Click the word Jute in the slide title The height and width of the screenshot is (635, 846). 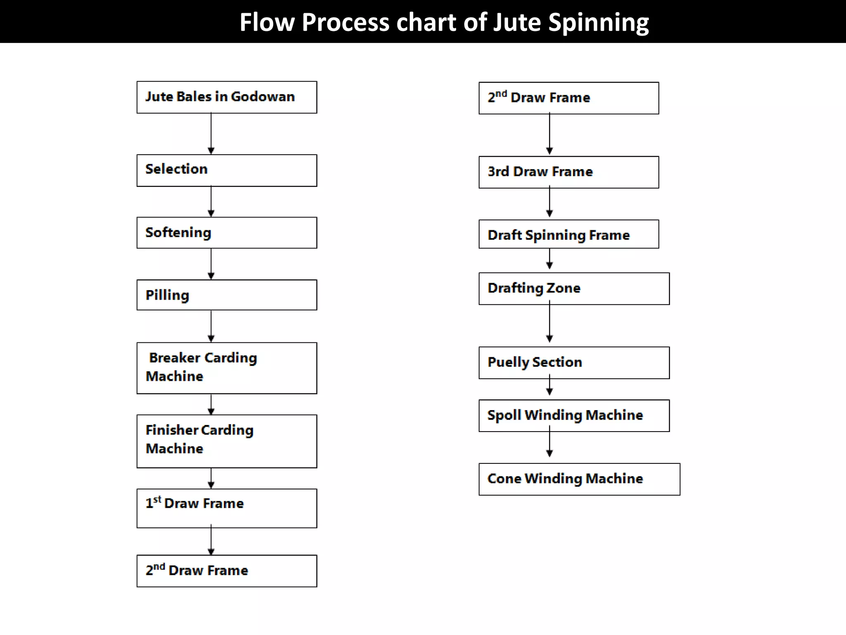tap(517, 22)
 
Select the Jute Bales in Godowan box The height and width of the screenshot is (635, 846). tap(226, 97)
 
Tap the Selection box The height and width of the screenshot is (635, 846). tap(226, 170)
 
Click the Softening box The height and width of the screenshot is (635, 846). tap(226, 233)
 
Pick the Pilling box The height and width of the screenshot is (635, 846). tap(226, 295)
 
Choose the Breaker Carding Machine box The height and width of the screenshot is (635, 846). tap(226, 368)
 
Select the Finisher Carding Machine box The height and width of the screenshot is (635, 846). tap(226, 441)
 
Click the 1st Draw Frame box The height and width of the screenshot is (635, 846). tap(226, 508)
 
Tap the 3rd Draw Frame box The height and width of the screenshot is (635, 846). tap(568, 172)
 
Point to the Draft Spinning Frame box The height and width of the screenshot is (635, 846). tap(568, 234)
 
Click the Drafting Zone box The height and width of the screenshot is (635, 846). tap(574, 289)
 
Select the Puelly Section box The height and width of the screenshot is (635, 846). tap(574, 363)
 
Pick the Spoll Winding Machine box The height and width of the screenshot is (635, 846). tap(574, 415)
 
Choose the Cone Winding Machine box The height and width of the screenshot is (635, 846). tap(579, 479)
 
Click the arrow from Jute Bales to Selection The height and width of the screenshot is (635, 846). tap(211, 134)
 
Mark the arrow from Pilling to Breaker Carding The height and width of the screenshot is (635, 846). tap(211, 326)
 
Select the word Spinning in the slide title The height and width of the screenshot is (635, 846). tap(599, 22)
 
